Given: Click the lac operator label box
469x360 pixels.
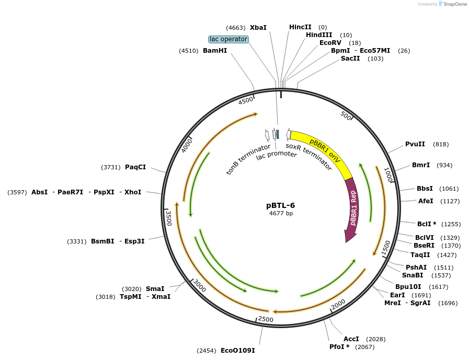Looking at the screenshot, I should pos(228,39).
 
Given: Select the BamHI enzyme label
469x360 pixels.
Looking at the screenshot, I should pos(215,51).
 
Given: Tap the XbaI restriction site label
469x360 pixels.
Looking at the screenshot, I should pos(258,27).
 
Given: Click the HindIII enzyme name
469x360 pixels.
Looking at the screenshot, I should pos(319,35).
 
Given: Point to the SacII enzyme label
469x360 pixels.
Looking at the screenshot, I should pos(350,59).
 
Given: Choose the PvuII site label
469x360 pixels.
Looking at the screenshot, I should pos(415,144).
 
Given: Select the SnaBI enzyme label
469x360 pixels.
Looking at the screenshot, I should pos(413,275).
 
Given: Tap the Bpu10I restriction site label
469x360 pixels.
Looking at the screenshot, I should pos(408,287).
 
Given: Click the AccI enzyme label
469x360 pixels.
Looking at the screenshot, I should pos(351,339).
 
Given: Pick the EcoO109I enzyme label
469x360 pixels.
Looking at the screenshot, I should pos(237,351).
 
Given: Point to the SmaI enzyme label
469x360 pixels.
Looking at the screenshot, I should pos(155,289).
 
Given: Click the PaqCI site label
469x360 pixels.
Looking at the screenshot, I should pos(135,167).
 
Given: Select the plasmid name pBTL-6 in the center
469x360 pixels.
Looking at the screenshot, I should pos(281,205).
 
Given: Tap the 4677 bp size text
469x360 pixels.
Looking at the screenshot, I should pos(281,213).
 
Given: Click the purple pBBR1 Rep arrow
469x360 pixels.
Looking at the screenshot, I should pos(352,209).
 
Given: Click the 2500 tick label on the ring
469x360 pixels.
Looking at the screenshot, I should pos(266,319).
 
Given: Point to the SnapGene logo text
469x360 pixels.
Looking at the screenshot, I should pos(453,4).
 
